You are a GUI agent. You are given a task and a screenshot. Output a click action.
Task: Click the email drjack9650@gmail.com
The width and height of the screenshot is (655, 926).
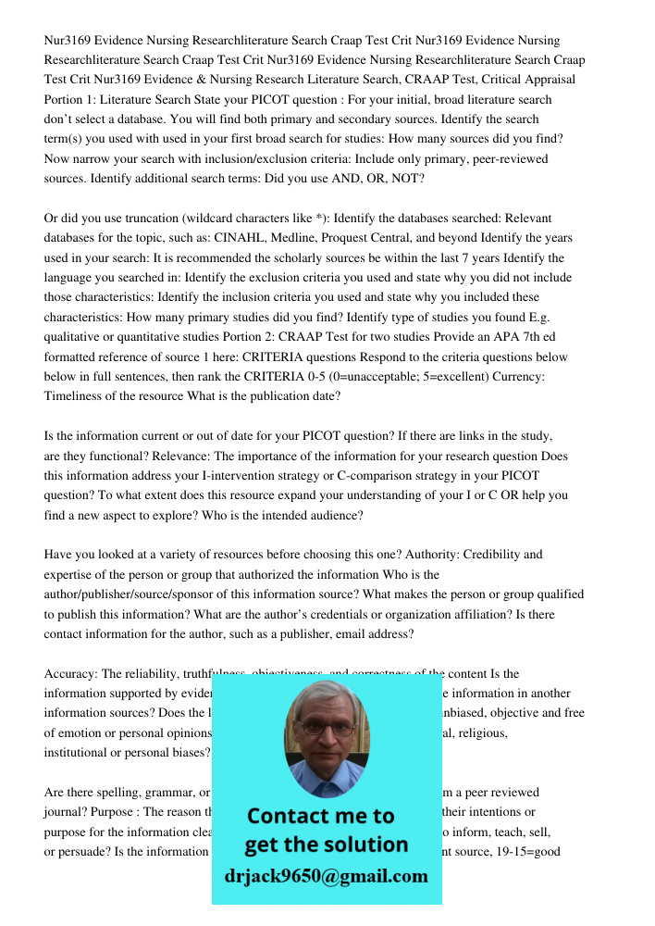tap(327, 876)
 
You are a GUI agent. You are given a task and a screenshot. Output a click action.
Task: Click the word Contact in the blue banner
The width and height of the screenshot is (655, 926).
tap(284, 816)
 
